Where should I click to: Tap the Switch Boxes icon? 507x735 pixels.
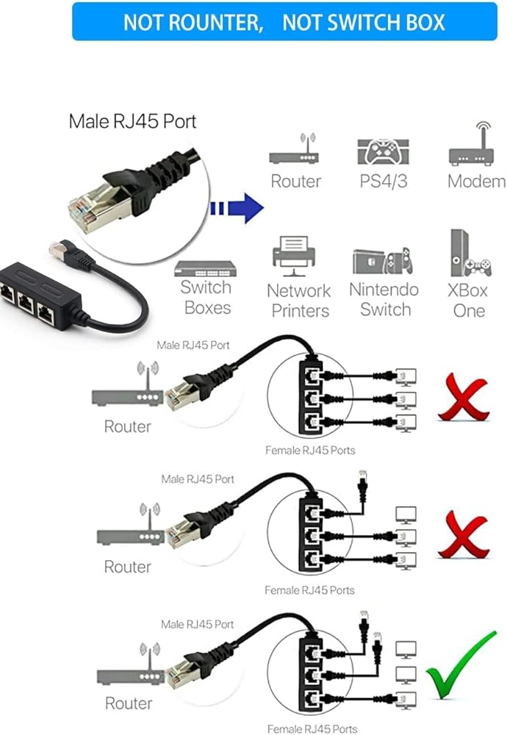pos(206,268)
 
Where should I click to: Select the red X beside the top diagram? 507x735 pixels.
pos(463,398)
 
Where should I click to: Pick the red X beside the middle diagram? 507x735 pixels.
pos(462,537)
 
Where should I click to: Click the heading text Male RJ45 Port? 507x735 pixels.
pos(132,121)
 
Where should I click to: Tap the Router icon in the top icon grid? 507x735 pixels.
pos(295,151)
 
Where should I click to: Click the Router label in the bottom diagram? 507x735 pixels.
pos(128,703)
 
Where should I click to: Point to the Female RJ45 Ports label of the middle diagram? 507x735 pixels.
pos(309,589)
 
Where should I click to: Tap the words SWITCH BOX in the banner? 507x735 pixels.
pos(364,22)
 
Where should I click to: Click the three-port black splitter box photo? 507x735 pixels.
pos(33,294)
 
